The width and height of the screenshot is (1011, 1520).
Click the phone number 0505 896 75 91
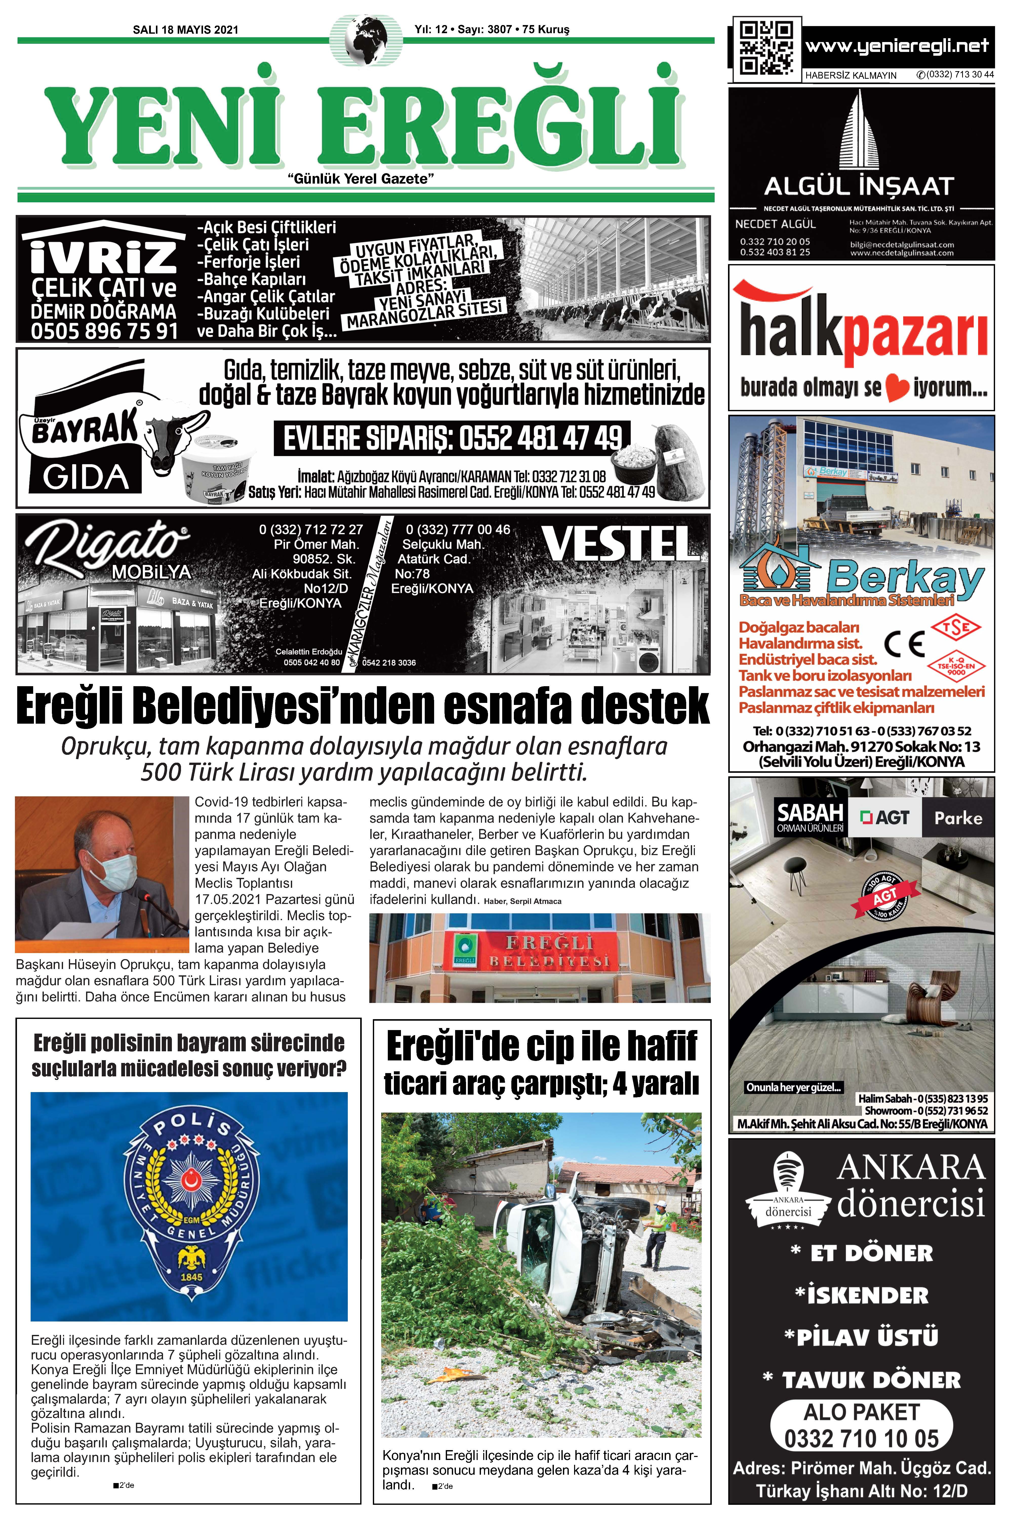pos(105,331)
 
